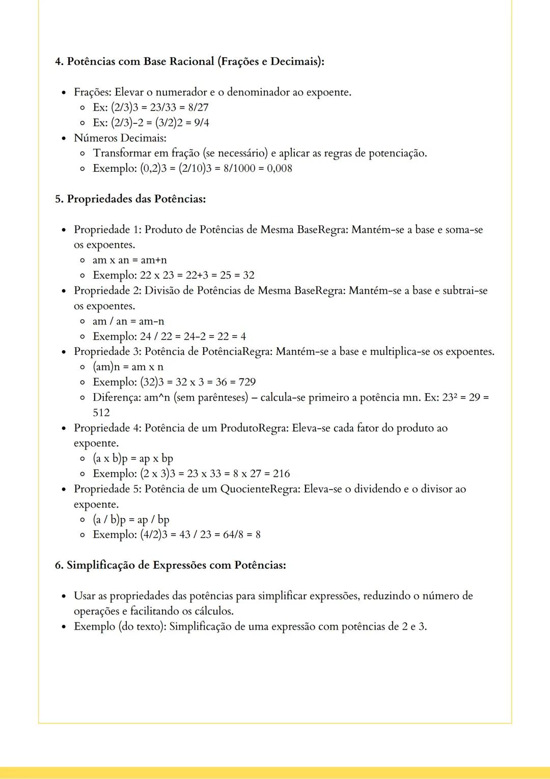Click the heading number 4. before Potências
pyautogui.click(x=60, y=62)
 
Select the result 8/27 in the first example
pyautogui.click(x=198, y=108)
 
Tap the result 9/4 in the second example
pyautogui.click(x=201, y=123)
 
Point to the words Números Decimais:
pyautogui.click(x=120, y=138)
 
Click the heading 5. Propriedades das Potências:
pyautogui.click(x=130, y=199)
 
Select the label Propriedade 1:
pyautogui.click(x=107, y=229)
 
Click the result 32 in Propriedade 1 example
pyautogui.click(x=249, y=275)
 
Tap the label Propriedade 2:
pyautogui.click(x=107, y=291)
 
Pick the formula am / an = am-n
pyautogui.click(x=128, y=321)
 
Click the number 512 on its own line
pyautogui.click(x=101, y=413)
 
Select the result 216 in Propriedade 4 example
pyautogui.click(x=281, y=474)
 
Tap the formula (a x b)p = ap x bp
pyautogui.click(x=133, y=458)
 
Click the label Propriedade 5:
pyautogui.click(x=107, y=489)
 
